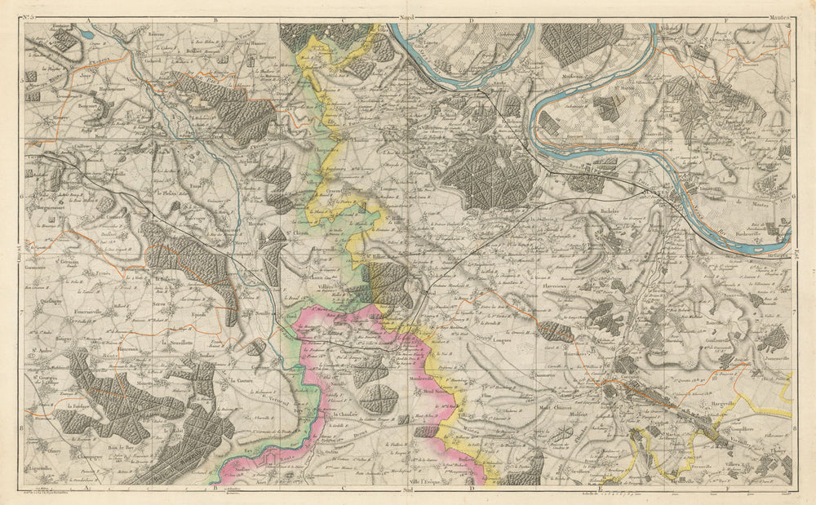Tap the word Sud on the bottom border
click(408, 491)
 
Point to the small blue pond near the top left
click(84, 35)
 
